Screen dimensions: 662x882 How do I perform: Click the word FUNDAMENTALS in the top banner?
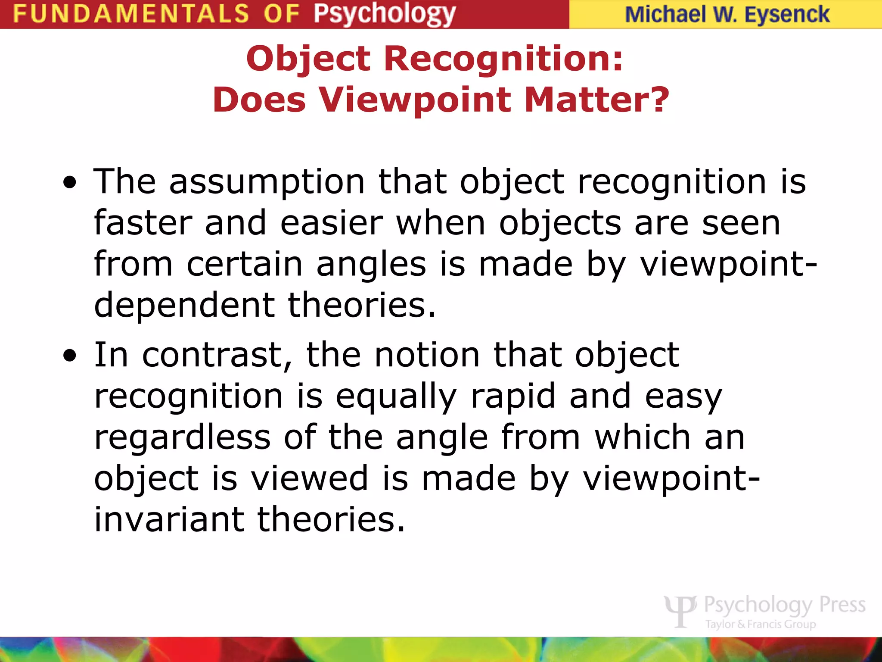(131, 14)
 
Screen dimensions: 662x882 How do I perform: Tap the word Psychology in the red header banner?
(384, 15)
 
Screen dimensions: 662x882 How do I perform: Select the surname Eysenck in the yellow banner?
(787, 15)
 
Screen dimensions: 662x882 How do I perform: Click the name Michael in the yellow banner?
(666, 15)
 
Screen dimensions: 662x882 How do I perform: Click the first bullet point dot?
(69, 183)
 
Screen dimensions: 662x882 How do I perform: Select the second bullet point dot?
(69, 356)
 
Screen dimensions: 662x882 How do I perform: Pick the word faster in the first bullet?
(143, 223)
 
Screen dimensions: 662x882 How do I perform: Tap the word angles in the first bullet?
(371, 264)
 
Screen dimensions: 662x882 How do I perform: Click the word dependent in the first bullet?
(184, 305)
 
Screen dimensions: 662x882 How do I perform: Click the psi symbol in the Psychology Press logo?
(680, 610)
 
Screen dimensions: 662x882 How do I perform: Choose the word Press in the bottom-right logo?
(842, 605)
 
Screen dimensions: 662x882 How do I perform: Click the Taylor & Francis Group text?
(761, 624)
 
